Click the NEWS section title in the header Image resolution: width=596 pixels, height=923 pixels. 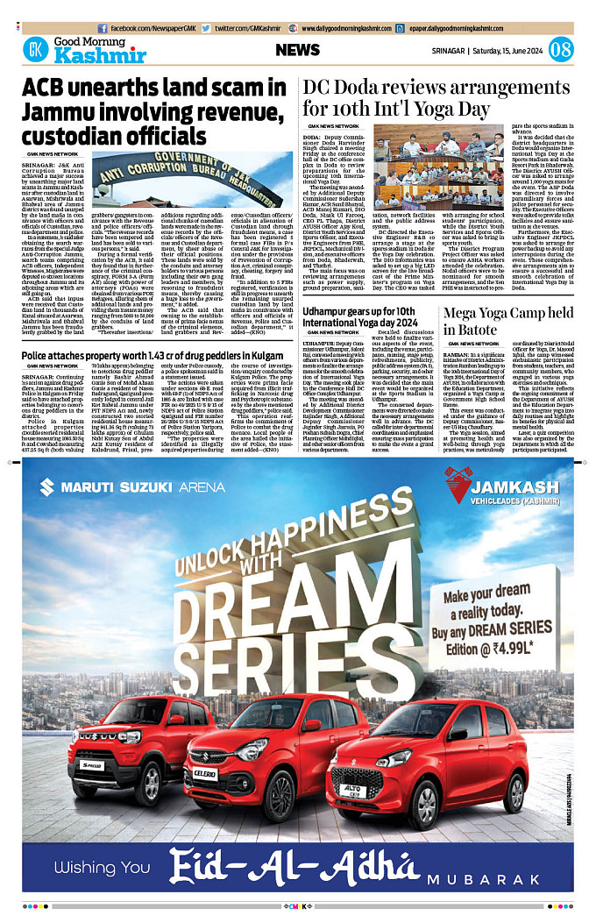298,50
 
